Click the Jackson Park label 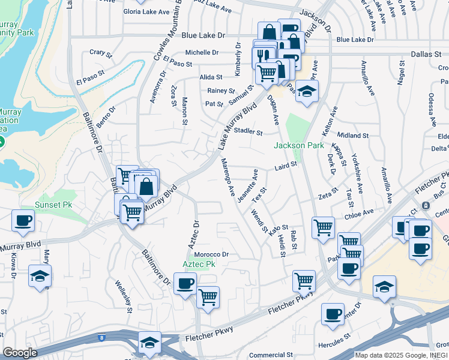[x=299, y=145]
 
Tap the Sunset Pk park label [x=55, y=205]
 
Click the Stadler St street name [x=249, y=131]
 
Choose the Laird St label [x=286, y=165]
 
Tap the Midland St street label [x=352, y=136]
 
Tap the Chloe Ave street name [x=360, y=211]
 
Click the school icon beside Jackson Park [x=307, y=91]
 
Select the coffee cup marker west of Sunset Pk [x=23, y=220]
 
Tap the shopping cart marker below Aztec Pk [x=208, y=297]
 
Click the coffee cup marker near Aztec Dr [x=185, y=283]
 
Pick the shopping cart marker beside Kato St [x=323, y=227]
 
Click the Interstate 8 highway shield [x=102, y=338]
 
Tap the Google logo [x=20, y=353]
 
